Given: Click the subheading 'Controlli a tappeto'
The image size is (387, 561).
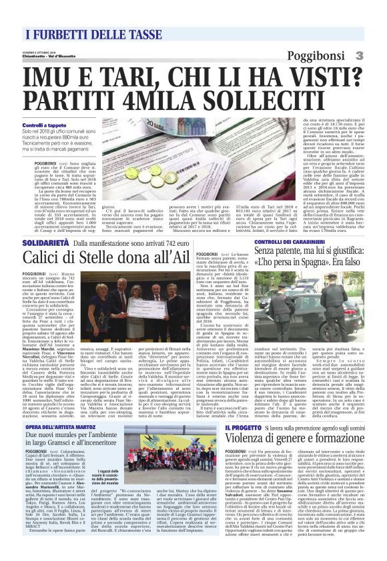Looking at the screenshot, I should coord(44,125).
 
